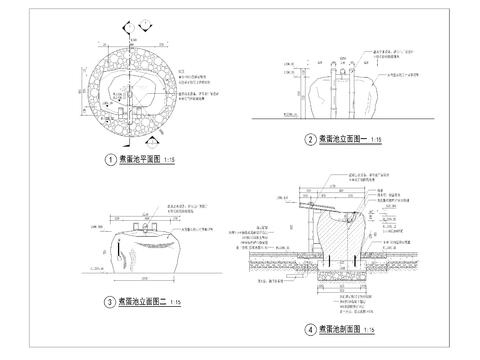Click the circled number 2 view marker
311,141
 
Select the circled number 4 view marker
310,329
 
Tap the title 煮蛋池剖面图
341,329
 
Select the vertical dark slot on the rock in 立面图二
126,259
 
